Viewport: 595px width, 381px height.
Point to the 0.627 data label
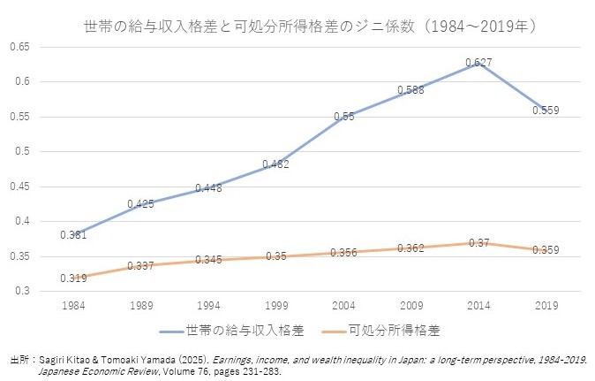point(478,62)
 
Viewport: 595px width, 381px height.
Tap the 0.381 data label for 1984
point(72,235)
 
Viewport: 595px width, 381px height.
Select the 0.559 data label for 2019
point(546,110)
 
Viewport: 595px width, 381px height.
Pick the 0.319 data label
point(72,278)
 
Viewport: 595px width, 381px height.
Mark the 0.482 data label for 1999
point(275,164)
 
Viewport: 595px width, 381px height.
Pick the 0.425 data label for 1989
point(140,204)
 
